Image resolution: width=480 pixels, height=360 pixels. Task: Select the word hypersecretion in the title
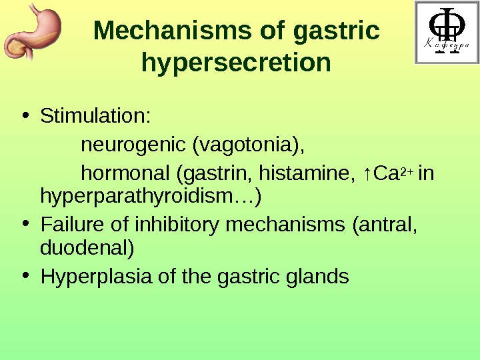point(237,63)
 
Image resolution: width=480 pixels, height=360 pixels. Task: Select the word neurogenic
point(133,145)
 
